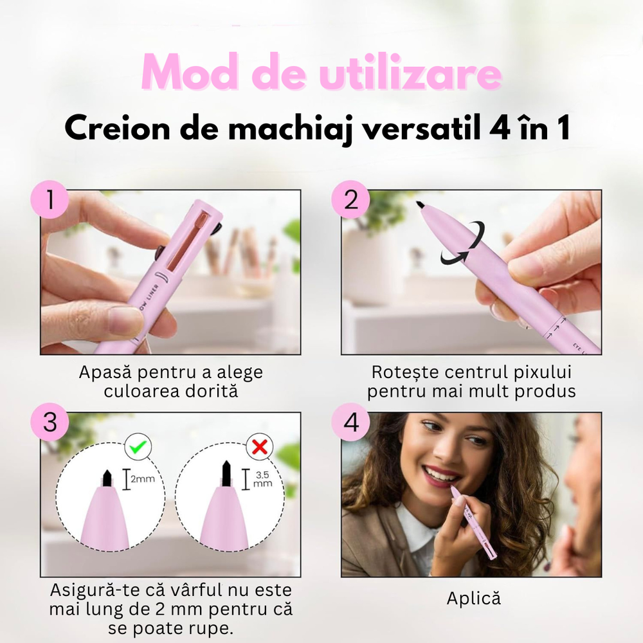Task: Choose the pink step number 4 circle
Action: point(351,423)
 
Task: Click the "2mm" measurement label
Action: point(143,479)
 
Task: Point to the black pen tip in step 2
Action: point(420,205)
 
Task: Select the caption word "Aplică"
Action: point(473,598)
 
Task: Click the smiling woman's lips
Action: point(442,475)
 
